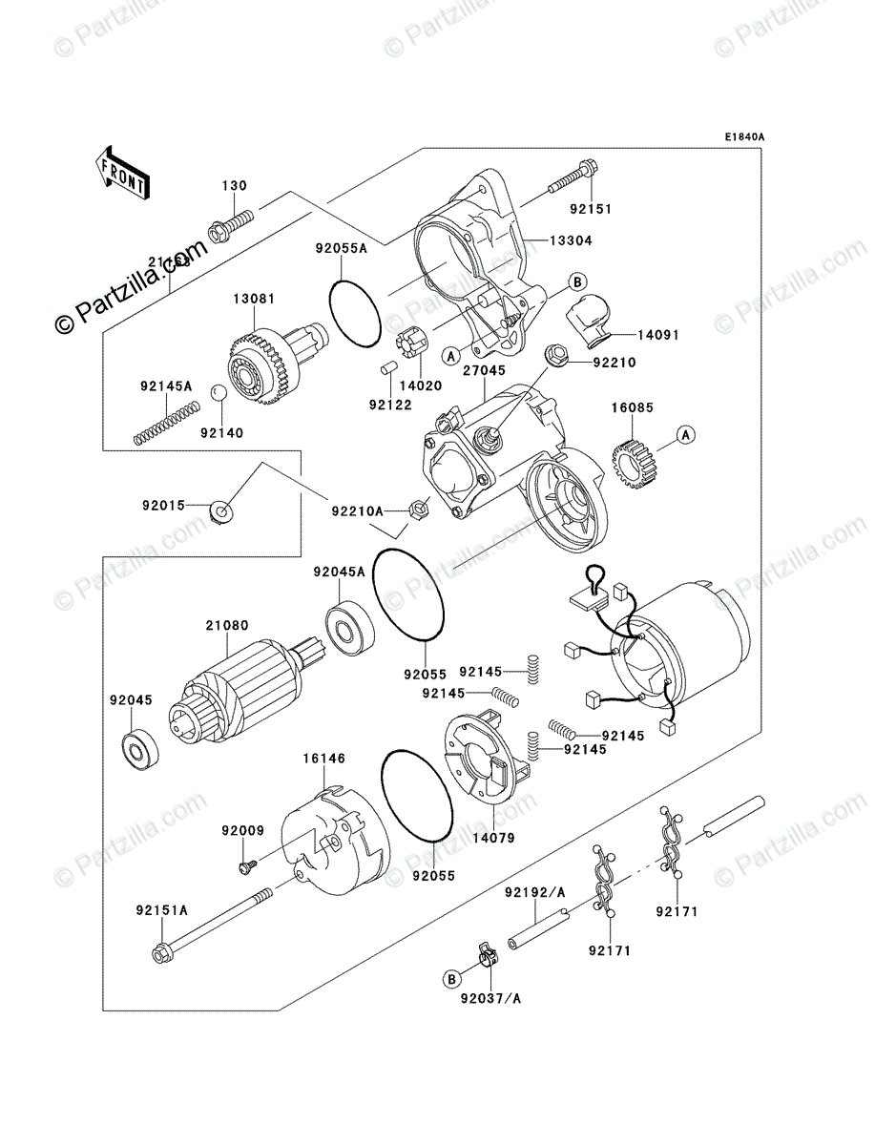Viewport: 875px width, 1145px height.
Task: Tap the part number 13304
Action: (x=571, y=240)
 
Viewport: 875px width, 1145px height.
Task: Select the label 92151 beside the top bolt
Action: (x=591, y=209)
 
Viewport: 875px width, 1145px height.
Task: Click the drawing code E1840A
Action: (x=743, y=137)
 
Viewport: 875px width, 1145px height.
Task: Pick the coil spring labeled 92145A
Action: (x=166, y=423)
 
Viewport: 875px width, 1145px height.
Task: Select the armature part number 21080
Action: (x=226, y=626)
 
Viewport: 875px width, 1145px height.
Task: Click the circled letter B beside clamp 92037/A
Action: (x=451, y=978)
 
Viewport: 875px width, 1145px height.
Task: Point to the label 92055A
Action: (x=341, y=248)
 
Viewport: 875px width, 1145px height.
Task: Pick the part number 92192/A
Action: (x=535, y=892)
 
